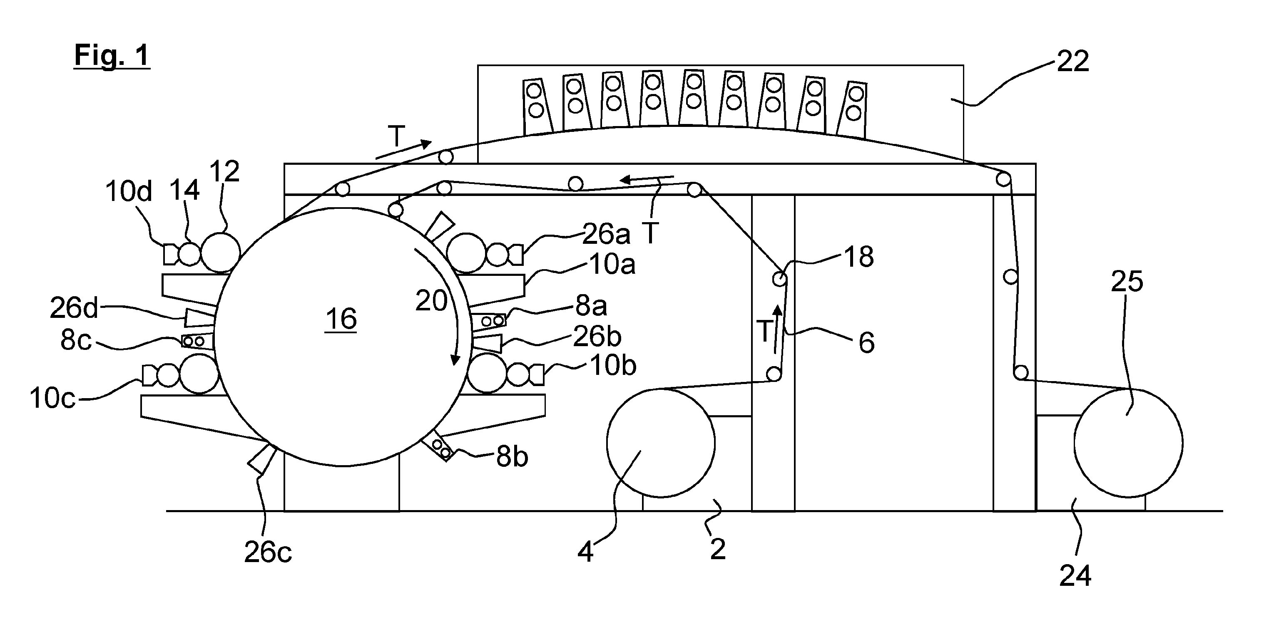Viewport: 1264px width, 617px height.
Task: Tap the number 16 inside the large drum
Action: click(341, 319)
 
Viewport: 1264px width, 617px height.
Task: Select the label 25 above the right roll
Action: click(1127, 282)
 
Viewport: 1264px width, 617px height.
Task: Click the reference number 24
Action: click(1075, 575)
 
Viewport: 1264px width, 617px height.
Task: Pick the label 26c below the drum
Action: click(268, 553)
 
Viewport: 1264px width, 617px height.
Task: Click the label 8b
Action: click(512, 457)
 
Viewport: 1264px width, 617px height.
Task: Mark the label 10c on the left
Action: click(52, 398)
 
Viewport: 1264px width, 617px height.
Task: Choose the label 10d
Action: click(129, 191)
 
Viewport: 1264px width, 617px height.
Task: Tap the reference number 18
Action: click(858, 257)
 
